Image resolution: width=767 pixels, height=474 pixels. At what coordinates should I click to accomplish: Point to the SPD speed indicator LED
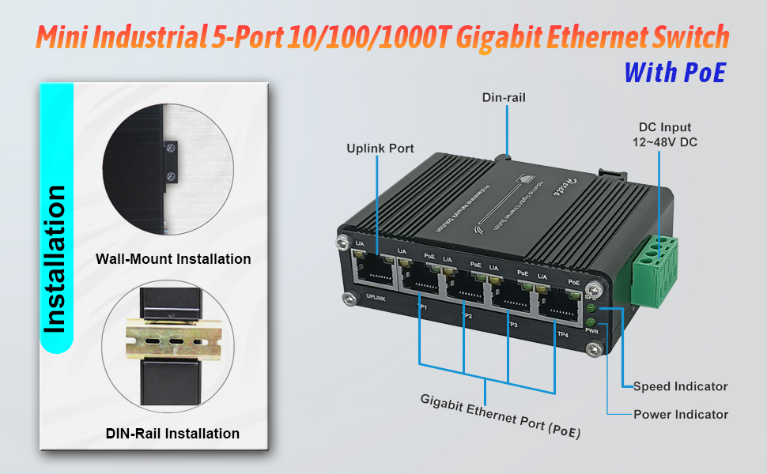pos(591,307)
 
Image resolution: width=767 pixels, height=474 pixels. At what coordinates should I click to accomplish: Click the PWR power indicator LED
pos(591,322)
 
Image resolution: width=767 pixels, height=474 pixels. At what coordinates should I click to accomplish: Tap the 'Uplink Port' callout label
pos(380,149)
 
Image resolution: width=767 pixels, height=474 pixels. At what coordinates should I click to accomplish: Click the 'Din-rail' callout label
pos(504,98)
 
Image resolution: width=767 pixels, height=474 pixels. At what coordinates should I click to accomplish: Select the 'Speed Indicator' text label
pos(680,386)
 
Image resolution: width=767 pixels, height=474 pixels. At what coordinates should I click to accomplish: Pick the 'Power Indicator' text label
pos(680,414)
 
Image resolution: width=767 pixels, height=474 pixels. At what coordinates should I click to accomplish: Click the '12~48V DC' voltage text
pos(664,142)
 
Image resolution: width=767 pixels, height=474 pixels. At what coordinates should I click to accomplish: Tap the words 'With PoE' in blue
pos(674,72)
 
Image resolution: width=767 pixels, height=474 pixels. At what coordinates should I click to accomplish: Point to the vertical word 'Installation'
pos(55,258)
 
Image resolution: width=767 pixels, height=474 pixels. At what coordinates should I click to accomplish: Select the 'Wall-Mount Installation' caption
pos(173,259)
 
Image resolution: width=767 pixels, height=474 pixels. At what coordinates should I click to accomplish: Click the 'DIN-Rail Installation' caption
pos(172,433)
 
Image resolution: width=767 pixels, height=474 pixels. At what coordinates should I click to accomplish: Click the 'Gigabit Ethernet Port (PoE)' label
pos(501,414)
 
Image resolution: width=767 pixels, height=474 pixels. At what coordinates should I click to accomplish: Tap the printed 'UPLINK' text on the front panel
pos(376,298)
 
